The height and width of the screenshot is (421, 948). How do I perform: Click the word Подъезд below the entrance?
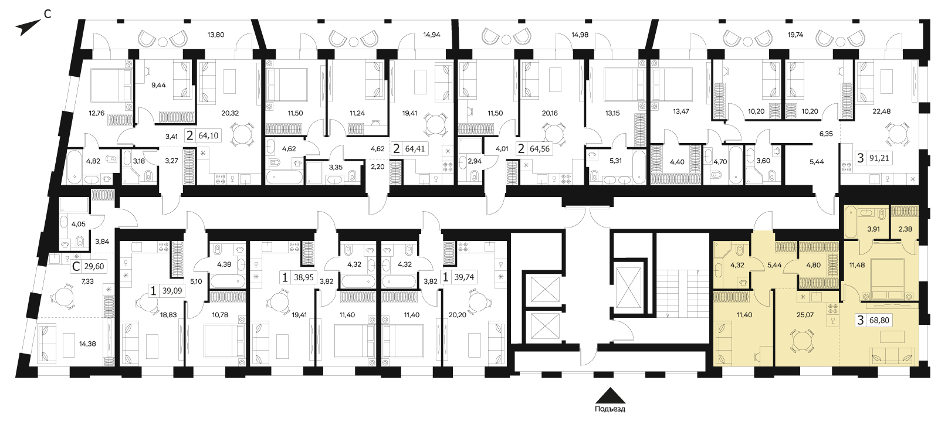pyautogui.click(x=610, y=409)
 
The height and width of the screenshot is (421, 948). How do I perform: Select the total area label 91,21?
pyautogui.click(x=879, y=158)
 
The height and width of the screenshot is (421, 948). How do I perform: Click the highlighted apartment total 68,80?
pyautogui.click(x=879, y=320)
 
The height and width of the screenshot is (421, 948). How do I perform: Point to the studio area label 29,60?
pyautogui.click(x=94, y=267)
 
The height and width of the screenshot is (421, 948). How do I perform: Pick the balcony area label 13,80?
pyautogui.click(x=216, y=35)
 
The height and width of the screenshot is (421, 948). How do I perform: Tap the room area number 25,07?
pyautogui.click(x=805, y=315)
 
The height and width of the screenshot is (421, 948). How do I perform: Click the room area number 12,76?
pyautogui.click(x=96, y=113)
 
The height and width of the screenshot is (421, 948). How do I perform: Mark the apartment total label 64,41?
pyautogui.click(x=415, y=149)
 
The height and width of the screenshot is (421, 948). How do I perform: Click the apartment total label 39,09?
pyautogui.click(x=172, y=291)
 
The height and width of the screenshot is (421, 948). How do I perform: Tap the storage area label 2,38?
pyautogui.click(x=905, y=229)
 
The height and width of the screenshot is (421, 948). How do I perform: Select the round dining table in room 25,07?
pyautogui.click(x=803, y=341)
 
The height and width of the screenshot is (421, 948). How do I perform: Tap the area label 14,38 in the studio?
pyautogui.click(x=87, y=344)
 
